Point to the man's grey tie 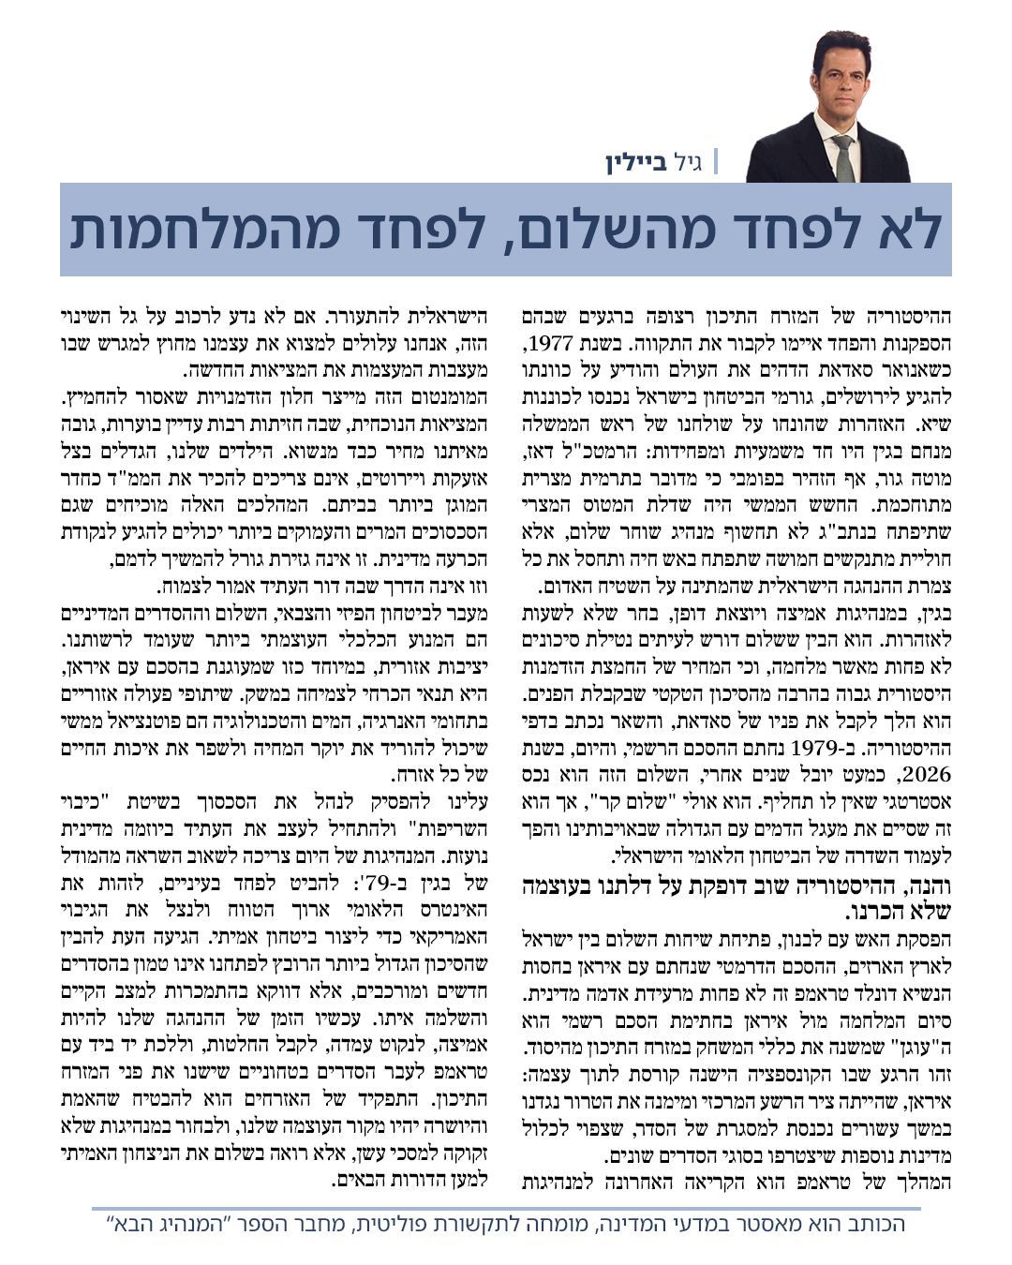click(843, 157)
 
